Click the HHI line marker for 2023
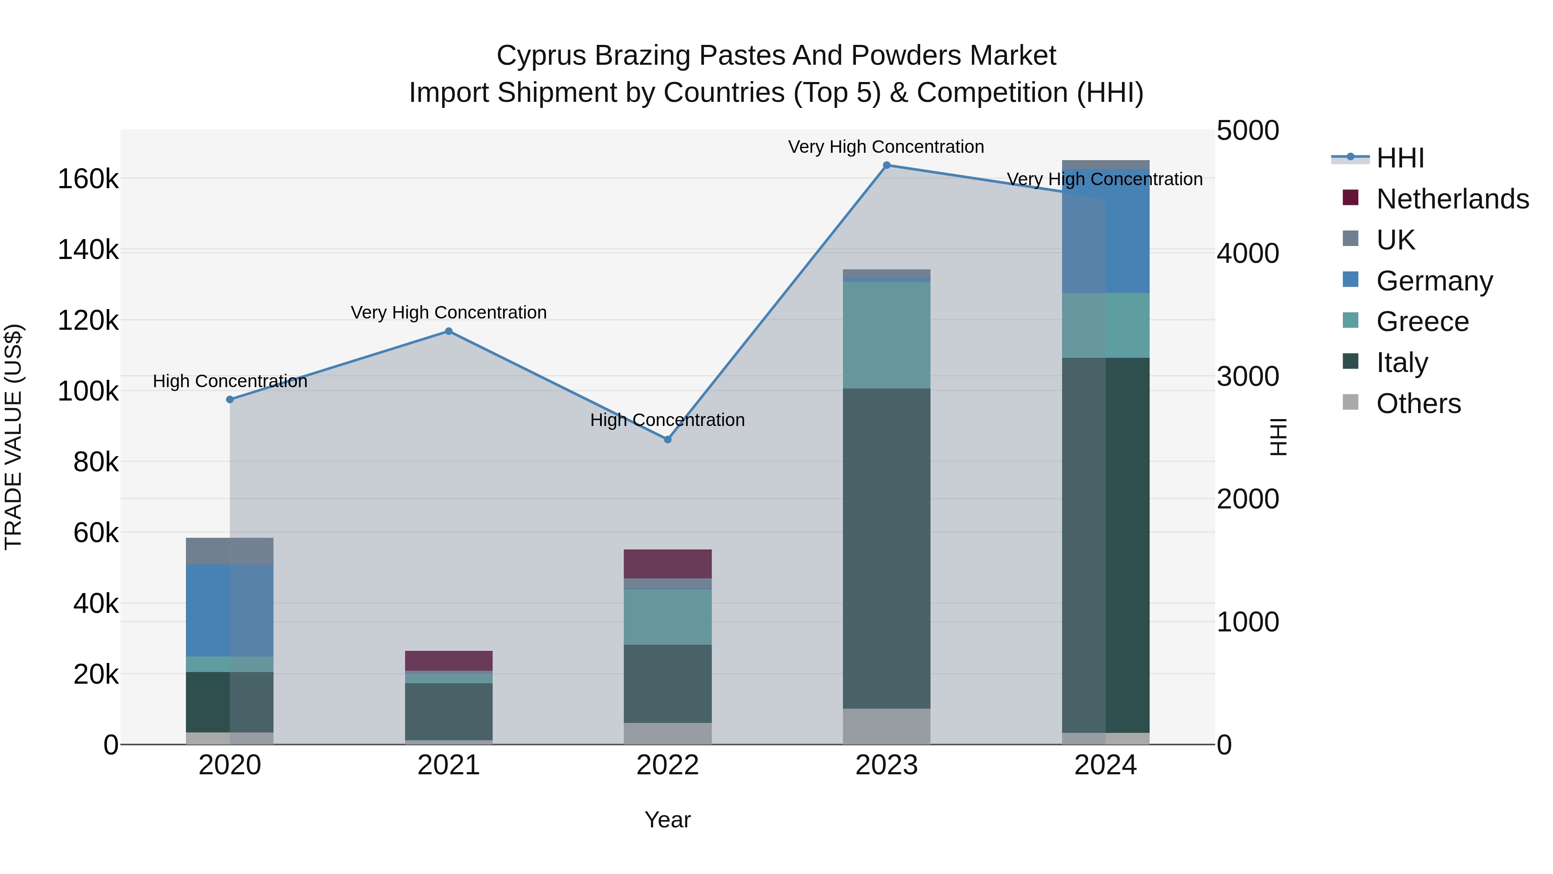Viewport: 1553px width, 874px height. pyautogui.click(x=886, y=165)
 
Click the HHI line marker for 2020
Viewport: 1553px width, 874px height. pyautogui.click(x=229, y=399)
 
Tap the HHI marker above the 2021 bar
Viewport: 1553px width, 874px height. pyautogui.click(x=449, y=331)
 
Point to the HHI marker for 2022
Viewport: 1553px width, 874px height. pyautogui.click(x=667, y=440)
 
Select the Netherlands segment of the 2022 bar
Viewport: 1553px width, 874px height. pyautogui.click(x=667, y=564)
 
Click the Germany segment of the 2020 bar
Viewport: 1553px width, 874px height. pyautogui.click(x=229, y=610)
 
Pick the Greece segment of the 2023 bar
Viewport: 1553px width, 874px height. pyautogui.click(x=886, y=335)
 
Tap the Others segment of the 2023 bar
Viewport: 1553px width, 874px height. pyautogui.click(x=886, y=726)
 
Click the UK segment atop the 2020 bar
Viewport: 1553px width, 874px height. pyautogui.click(x=229, y=551)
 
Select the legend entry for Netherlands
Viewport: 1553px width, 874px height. pyautogui.click(x=1452, y=199)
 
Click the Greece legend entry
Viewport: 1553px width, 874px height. pyautogui.click(x=1422, y=322)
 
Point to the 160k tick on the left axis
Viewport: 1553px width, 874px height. pyautogui.click(x=88, y=179)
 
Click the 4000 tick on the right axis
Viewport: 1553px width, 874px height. pyautogui.click(x=1247, y=253)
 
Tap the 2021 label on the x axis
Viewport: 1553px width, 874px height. pyautogui.click(x=449, y=765)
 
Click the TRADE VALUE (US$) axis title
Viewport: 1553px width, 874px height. pyautogui.click(x=14, y=437)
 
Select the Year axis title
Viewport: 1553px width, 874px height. pyautogui.click(x=667, y=820)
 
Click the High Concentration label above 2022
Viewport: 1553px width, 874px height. pyautogui.click(x=667, y=420)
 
